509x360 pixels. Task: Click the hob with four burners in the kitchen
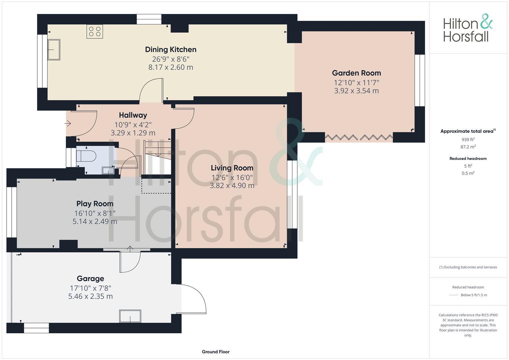click(95, 31)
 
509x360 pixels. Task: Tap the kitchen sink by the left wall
click(54, 50)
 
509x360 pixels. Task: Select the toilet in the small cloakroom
click(86, 156)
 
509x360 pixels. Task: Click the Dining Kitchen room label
click(171, 50)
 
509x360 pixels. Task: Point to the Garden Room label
click(356, 73)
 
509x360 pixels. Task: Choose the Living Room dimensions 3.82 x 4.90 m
click(232, 186)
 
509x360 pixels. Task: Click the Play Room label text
click(95, 204)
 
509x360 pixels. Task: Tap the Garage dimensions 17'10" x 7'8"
click(90, 288)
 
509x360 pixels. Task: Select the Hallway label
click(133, 115)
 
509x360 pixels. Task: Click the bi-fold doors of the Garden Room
click(359, 137)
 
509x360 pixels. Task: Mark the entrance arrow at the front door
click(68, 124)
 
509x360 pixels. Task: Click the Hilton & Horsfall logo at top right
click(468, 28)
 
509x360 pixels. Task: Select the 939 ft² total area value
click(468, 140)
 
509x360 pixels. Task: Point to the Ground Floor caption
click(216, 352)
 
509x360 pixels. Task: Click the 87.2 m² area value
click(468, 147)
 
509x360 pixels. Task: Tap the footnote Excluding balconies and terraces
click(468, 267)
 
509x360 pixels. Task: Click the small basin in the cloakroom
click(108, 171)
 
